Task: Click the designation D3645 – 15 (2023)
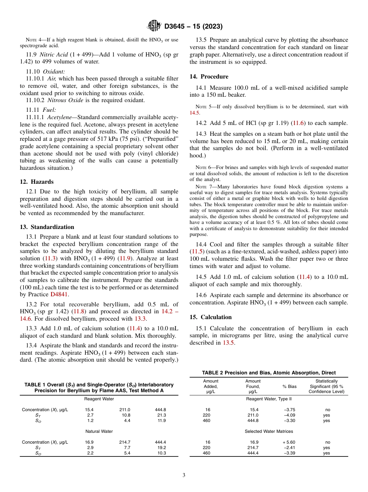coord(193,27)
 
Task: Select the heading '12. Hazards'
coord(37,182)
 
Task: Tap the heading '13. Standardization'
coord(47,227)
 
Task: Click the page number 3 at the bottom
coord(184,475)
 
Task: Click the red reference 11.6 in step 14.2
coord(298,123)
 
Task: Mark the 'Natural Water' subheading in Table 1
coord(99,431)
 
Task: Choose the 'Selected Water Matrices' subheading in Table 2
coord(269,431)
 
